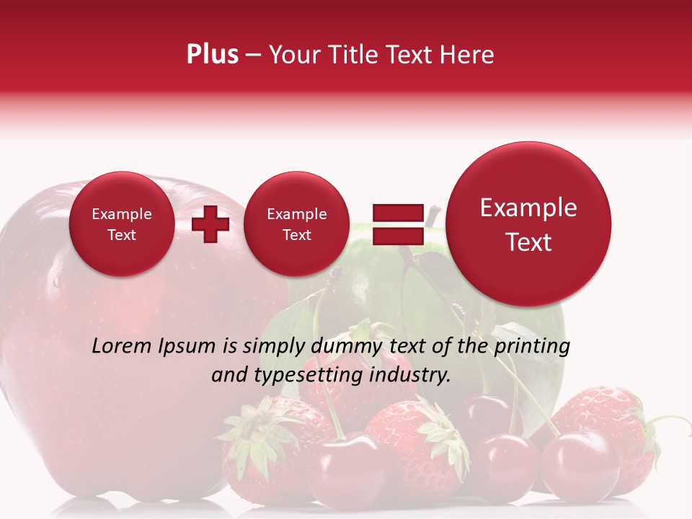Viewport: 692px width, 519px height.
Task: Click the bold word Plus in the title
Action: (x=212, y=54)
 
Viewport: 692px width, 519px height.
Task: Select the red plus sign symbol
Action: (x=210, y=224)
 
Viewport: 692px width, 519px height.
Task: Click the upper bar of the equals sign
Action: (x=397, y=213)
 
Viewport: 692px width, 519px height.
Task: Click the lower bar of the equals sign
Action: (x=397, y=236)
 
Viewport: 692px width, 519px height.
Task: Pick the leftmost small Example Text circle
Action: (x=121, y=224)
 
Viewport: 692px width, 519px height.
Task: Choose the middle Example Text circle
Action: (x=296, y=224)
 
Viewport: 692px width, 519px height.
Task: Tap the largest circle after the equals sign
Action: (x=528, y=224)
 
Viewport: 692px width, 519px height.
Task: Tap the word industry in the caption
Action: (x=409, y=376)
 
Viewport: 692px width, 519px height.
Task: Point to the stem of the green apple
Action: (x=432, y=215)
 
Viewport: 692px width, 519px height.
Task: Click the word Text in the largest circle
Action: (x=528, y=242)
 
